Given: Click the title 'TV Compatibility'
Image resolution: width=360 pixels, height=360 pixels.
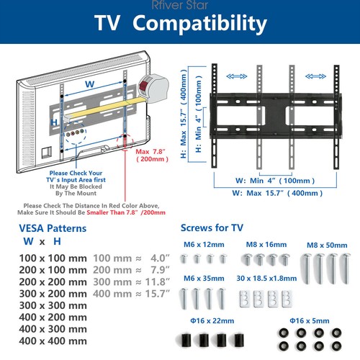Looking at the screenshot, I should [180, 23].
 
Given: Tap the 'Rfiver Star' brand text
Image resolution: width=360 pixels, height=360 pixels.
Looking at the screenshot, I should [180, 4].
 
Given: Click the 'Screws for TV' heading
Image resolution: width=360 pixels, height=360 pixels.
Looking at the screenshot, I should [212, 228].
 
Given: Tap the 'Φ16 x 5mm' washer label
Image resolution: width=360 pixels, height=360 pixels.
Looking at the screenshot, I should [310, 319].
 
